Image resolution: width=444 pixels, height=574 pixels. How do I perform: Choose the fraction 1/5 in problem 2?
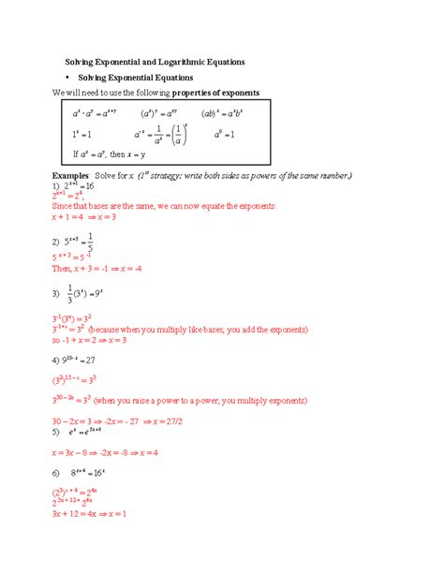[114, 242]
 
